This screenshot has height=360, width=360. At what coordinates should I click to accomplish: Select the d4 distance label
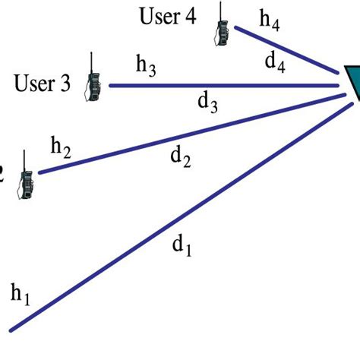click(x=275, y=63)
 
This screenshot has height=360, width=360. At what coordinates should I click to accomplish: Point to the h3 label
click(x=147, y=66)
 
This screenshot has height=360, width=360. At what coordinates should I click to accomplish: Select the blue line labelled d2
click(x=190, y=132)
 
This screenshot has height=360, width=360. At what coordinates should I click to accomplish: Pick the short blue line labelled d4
click(x=285, y=50)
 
